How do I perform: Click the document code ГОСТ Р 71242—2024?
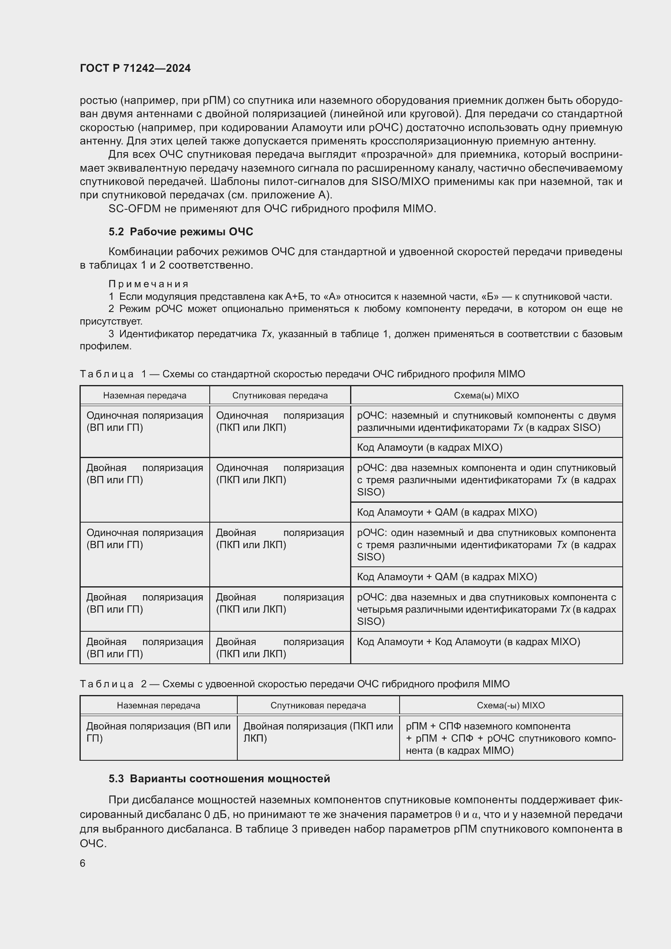pyautogui.click(x=135, y=68)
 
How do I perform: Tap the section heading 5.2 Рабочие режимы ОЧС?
pyautogui.click(x=181, y=232)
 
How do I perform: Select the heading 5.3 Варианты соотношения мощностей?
pyautogui.click(x=219, y=779)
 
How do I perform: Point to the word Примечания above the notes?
pyautogui.click(x=149, y=284)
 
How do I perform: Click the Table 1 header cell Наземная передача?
pyautogui.click(x=144, y=396)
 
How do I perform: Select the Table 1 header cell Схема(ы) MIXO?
pyautogui.click(x=486, y=396)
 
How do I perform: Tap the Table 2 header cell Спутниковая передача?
pyautogui.click(x=318, y=706)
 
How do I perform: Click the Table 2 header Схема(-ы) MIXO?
pyautogui.click(x=510, y=706)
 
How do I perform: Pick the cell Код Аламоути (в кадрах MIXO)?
pyautogui.click(x=429, y=448)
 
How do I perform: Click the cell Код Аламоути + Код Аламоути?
pyautogui.click(x=468, y=642)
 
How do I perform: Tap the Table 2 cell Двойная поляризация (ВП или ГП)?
pyautogui.click(x=158, y=732)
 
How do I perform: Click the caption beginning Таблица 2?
pyautogui.click(x=294, y=684)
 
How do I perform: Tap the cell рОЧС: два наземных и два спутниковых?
pyautogui.click(x=486, y=609)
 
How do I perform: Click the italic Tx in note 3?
pyautogui.click(x=267, y=334)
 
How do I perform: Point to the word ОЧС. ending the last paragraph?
pyautogui.click(x=93, y=843)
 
